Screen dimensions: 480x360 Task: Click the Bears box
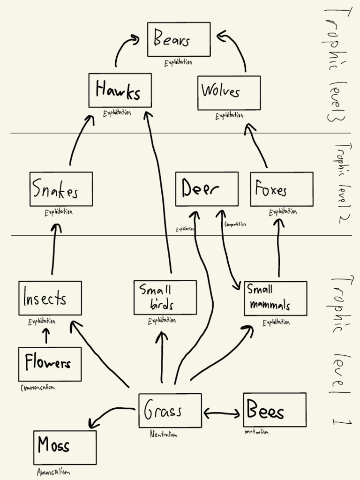click(x=179, y=39)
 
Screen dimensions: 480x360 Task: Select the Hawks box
click(x=120, y=90)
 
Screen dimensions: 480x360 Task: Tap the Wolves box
click(x=229, y=93)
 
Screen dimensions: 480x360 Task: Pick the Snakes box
click(x=61, y=189)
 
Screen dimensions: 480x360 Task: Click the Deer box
click(x=207, y=189)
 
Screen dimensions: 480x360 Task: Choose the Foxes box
click(x=281, y=189)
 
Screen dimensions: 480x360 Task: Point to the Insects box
click(x=50, y=298)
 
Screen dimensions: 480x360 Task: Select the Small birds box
click(x=165, y=298)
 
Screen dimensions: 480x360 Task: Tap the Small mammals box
click(x=275, y=299)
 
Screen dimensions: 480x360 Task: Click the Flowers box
click(x=50, y=364)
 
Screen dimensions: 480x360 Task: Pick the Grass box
click(x=170, y=411)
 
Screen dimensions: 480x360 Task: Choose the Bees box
click(x=274, y=410)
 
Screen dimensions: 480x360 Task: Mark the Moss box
click(x=65, y=447)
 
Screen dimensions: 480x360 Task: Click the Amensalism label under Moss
click(x=53, y=472)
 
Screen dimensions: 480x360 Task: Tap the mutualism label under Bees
click(x=256, y=432)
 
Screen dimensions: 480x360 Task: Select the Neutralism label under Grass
click(x=164, y=435)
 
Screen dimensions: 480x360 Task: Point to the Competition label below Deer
click(x=235, y=224)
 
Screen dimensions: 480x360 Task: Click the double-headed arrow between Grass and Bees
click(x=222, y=413)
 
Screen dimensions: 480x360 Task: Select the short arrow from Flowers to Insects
click(x=46, y=336)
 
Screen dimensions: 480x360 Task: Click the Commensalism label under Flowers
click(x=37, y=388)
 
